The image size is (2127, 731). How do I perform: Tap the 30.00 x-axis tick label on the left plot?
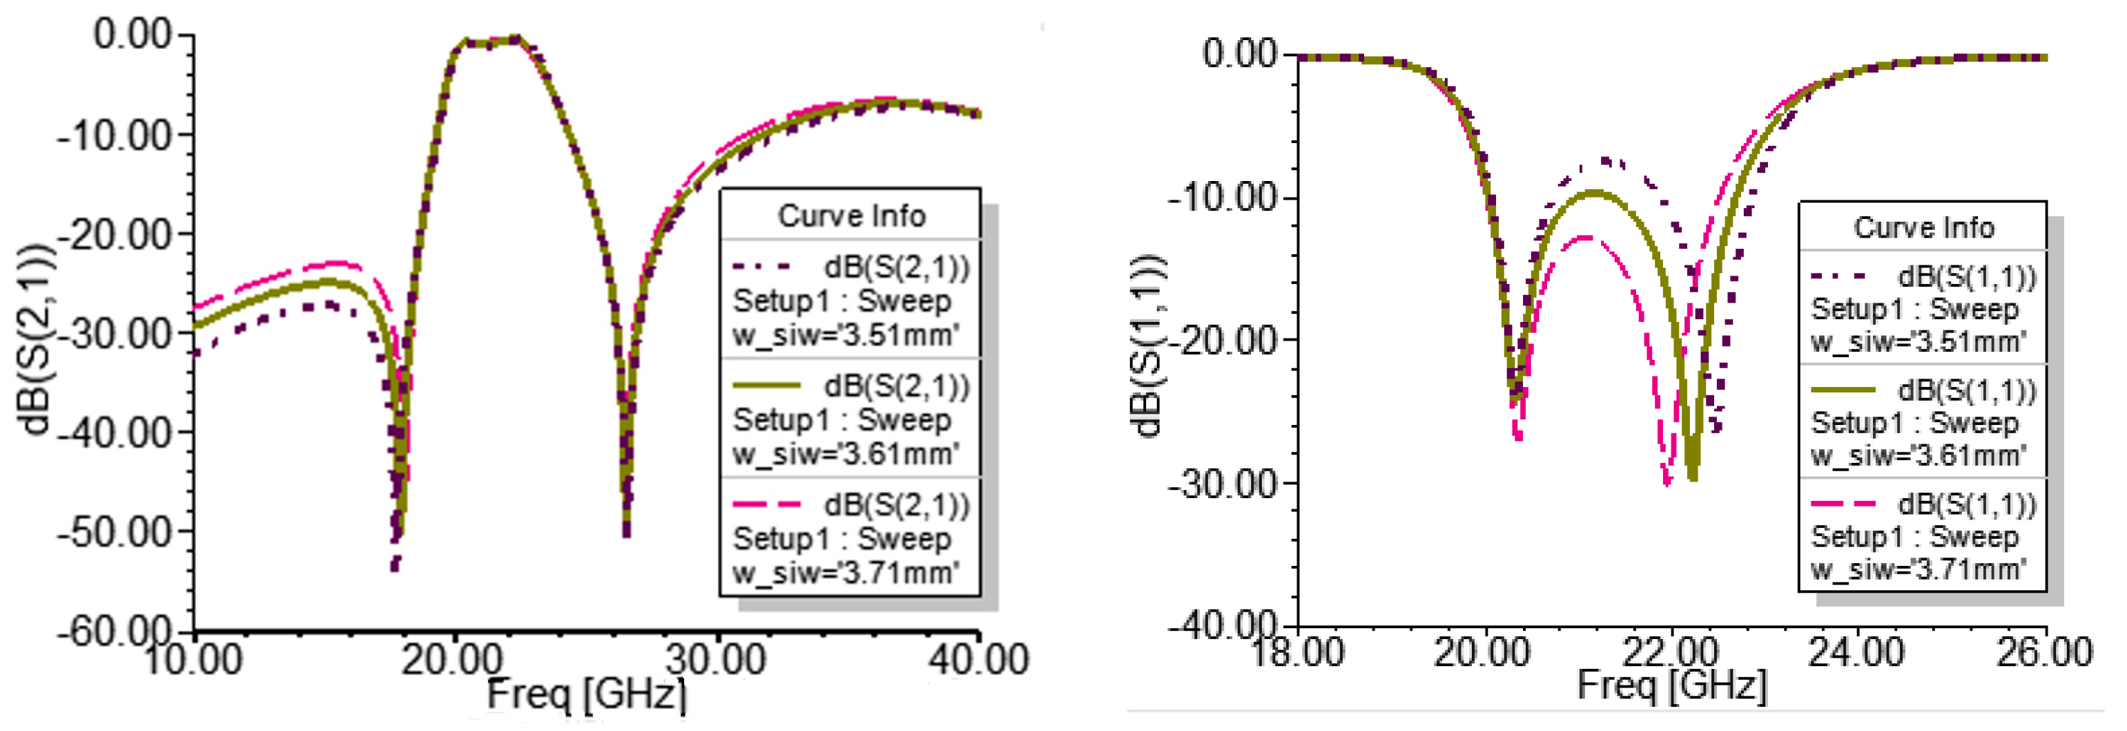tap(715, 659)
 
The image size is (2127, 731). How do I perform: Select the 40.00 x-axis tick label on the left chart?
tap(978, 659)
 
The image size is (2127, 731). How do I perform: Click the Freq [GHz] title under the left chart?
tap(586, 694)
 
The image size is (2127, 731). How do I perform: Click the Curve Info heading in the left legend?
tap(851, 216)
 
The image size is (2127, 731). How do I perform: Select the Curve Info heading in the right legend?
tap(1923, 227)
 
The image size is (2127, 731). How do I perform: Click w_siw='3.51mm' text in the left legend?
tap(846, 335)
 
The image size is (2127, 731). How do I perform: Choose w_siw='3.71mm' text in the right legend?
tap(1918, 570)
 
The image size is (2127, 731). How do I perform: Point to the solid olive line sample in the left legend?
tap(767, 386)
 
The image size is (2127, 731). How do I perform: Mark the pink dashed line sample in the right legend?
tap(1843, 503)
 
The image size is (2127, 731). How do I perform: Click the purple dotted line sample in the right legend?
tap(1843, 276)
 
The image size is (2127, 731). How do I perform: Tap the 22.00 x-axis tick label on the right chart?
tap(1671, 652)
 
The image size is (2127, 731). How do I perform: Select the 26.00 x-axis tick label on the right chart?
tap(2044, 652)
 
